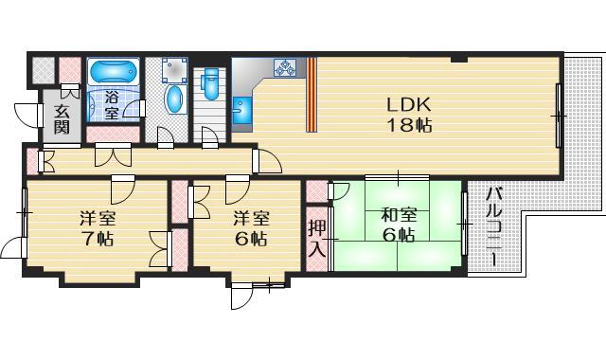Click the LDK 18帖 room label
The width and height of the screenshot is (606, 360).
(x=408, y=114)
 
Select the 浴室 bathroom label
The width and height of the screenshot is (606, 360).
(x=111, y=105)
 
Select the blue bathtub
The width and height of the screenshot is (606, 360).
(x=113, y=72)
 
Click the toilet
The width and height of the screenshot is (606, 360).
(x=211, y=84)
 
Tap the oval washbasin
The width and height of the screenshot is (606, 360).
(x=175, y=99)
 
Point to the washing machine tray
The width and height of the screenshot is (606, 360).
(x=173, y=71)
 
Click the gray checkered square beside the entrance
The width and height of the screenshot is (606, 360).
(x=43, y=72)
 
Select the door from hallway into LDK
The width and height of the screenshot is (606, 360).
(x=268, y=162)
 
